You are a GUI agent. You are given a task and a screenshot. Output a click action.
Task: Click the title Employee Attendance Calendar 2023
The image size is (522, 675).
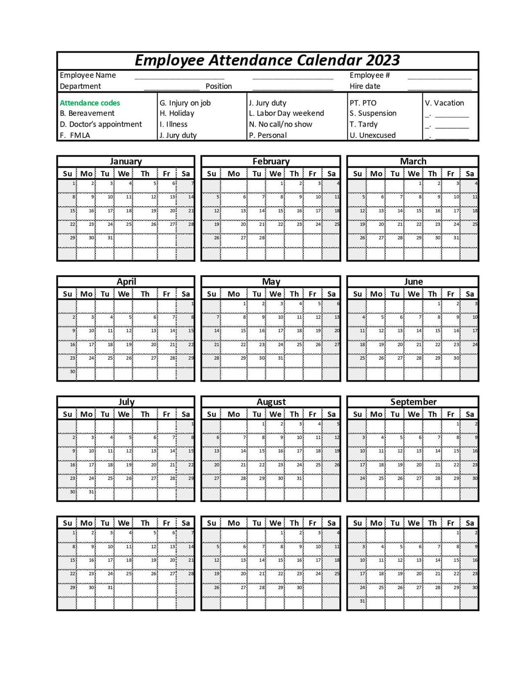coord(267,60)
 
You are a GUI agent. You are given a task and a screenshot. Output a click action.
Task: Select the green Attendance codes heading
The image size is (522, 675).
coord(90,103)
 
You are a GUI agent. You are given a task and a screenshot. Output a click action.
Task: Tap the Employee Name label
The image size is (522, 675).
coord(88,75)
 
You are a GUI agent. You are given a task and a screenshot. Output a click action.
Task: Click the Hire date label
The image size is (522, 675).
coord(365,86)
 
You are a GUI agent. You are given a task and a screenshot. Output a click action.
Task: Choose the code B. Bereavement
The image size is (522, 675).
coord(87,114)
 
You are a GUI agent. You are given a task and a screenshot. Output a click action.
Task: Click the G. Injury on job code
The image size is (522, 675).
coord(185,103)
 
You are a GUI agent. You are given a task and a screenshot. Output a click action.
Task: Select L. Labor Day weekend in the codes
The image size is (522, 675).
coord(286,114)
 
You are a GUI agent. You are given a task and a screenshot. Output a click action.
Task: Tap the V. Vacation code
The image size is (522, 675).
coord(445,103)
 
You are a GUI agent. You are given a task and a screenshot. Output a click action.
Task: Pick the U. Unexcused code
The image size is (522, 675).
coord(373,135)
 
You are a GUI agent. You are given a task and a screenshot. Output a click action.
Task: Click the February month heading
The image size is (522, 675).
coord(271,161)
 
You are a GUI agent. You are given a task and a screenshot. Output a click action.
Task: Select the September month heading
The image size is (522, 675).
coord(413,402)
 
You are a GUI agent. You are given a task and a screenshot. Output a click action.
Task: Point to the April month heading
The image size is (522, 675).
coord(126,281)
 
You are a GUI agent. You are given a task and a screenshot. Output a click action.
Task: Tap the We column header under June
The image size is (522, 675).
coord(414,294)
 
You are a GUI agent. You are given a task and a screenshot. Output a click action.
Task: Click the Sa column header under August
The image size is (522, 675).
coord(331,414)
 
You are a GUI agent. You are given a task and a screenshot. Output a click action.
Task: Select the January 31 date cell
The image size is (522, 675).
coord(105,241)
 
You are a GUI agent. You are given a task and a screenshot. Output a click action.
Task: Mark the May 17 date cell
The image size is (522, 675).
coord(275,333)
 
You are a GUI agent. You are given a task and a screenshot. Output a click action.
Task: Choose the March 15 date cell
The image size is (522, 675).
coord(414,213)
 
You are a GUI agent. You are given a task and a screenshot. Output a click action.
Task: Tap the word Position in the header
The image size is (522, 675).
coord(219,86)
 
